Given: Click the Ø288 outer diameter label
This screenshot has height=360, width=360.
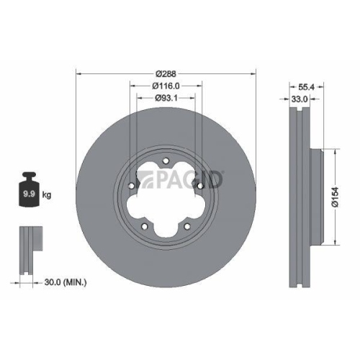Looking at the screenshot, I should click(166, 72).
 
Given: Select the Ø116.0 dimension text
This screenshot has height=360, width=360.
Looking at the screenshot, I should click(166, 86).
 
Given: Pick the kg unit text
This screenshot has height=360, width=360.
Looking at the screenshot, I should click(47, 194).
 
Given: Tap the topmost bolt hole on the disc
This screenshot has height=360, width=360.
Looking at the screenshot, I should click(166, 161).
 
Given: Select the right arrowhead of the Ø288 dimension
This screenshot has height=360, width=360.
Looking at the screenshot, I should click(254, 72).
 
